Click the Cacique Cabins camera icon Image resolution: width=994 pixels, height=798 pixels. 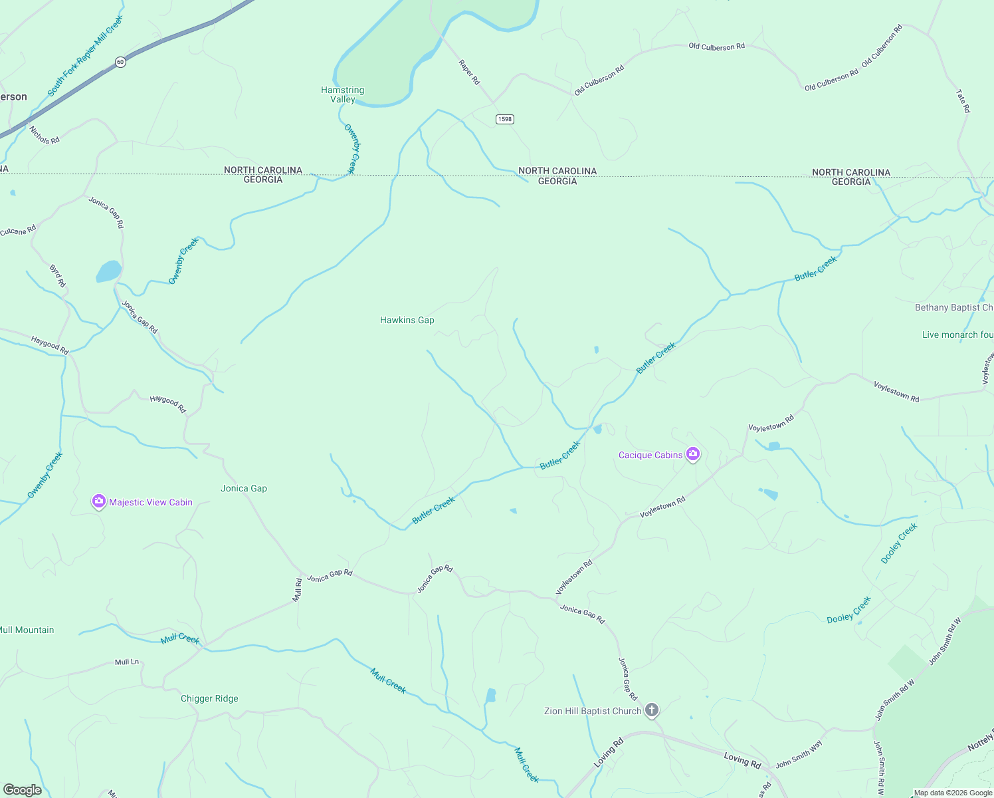click(693, 454)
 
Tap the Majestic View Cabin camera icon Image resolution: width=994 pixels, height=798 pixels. click(99, 501)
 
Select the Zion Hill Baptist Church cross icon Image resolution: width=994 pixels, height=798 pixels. click(652, 710)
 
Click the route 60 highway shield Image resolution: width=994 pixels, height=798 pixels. click(120, 62)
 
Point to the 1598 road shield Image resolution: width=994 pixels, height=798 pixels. click(505, 119)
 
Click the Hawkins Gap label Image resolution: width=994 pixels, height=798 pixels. click(407, 320)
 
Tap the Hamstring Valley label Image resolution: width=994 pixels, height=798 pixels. click(342, 94)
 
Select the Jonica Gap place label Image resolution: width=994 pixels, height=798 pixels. click(244, 488)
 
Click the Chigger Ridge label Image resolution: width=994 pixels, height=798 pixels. click(209, 698)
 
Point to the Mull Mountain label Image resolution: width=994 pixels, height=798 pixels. click(27, 630)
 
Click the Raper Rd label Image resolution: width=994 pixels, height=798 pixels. click(468, 72)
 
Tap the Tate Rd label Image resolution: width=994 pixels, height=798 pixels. click(963, 101)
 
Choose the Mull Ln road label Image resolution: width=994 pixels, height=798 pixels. click(127, 662)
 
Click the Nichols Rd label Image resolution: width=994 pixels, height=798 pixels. click(45, 135)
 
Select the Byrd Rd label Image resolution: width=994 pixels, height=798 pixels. click(58, 276)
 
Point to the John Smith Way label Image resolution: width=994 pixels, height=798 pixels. click(799, 754)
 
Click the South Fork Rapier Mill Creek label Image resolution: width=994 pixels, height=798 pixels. click(85, 56)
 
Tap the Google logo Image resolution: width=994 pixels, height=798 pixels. click(22, 789)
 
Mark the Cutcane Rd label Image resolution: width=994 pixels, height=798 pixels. click(18, 231)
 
